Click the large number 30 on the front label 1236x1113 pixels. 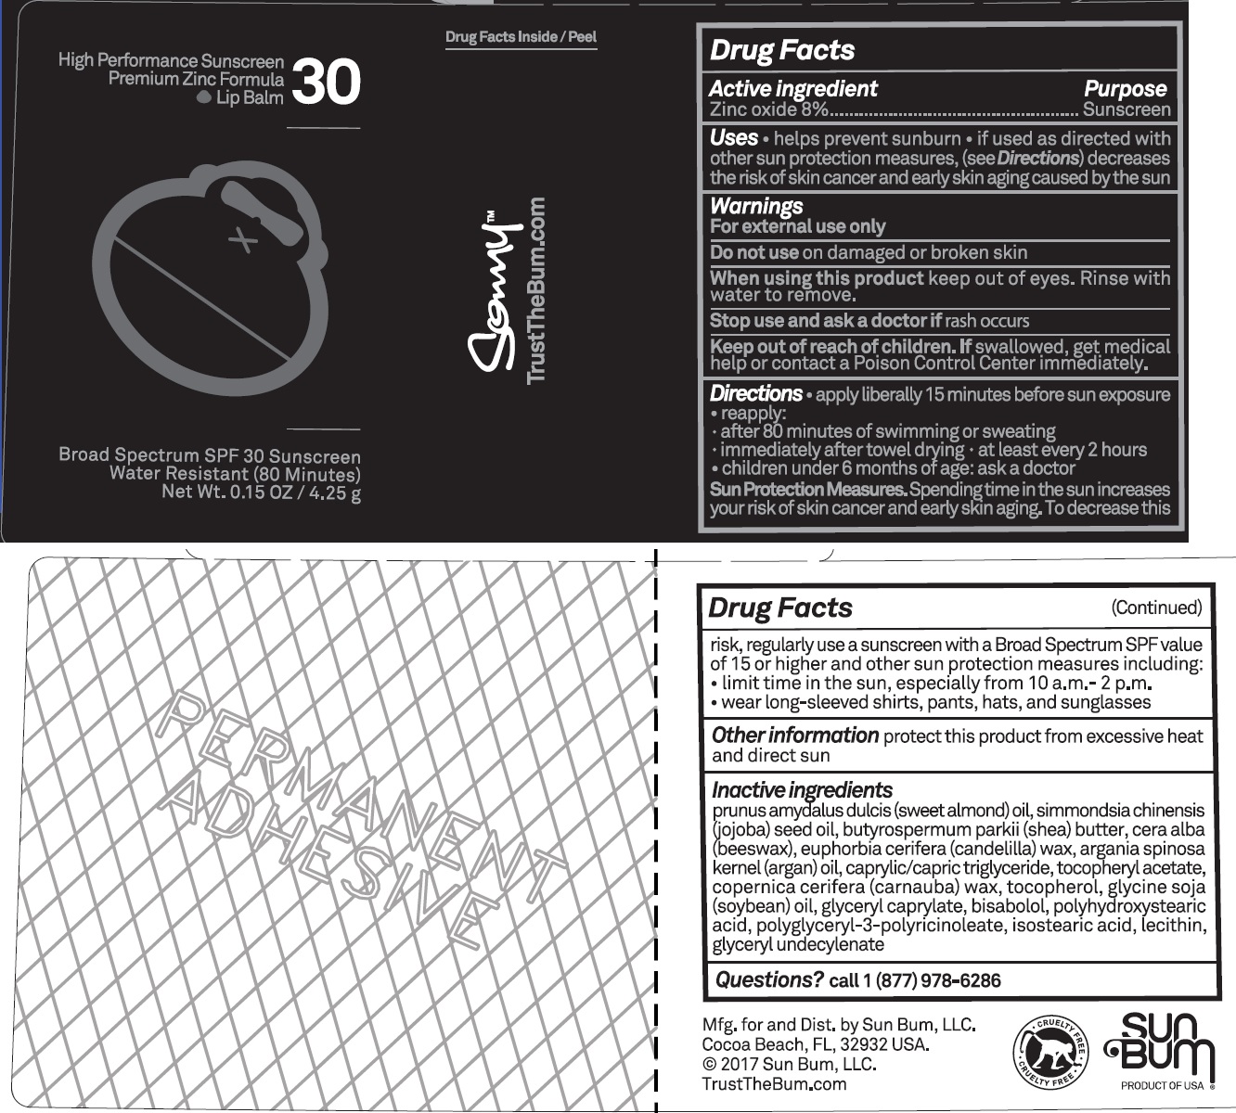(x=326, y=82)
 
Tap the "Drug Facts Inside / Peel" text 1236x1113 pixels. (x=521, y=37)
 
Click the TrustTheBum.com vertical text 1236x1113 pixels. (x=536, y=289)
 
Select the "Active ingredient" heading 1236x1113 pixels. (x=792, y=89)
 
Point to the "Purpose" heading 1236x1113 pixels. (x=1125, y=89)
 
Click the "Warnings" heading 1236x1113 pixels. (x=756, y=206)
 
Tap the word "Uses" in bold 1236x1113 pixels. (x=733, y=138)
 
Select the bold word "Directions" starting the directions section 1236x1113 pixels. (x=755, y=393)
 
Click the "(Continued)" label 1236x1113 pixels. (x=1156, y=608)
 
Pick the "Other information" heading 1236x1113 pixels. (x=794, y=736)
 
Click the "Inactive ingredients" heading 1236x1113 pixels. (x=802, y=790)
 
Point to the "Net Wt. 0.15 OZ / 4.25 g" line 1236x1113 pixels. (x=261, y=493)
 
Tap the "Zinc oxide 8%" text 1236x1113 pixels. (x=768, y=109)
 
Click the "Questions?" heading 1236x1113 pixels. (x=769, y=979)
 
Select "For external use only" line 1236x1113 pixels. (x=797, y=226)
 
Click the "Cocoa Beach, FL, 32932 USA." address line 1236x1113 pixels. (x=816, y=1044)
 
